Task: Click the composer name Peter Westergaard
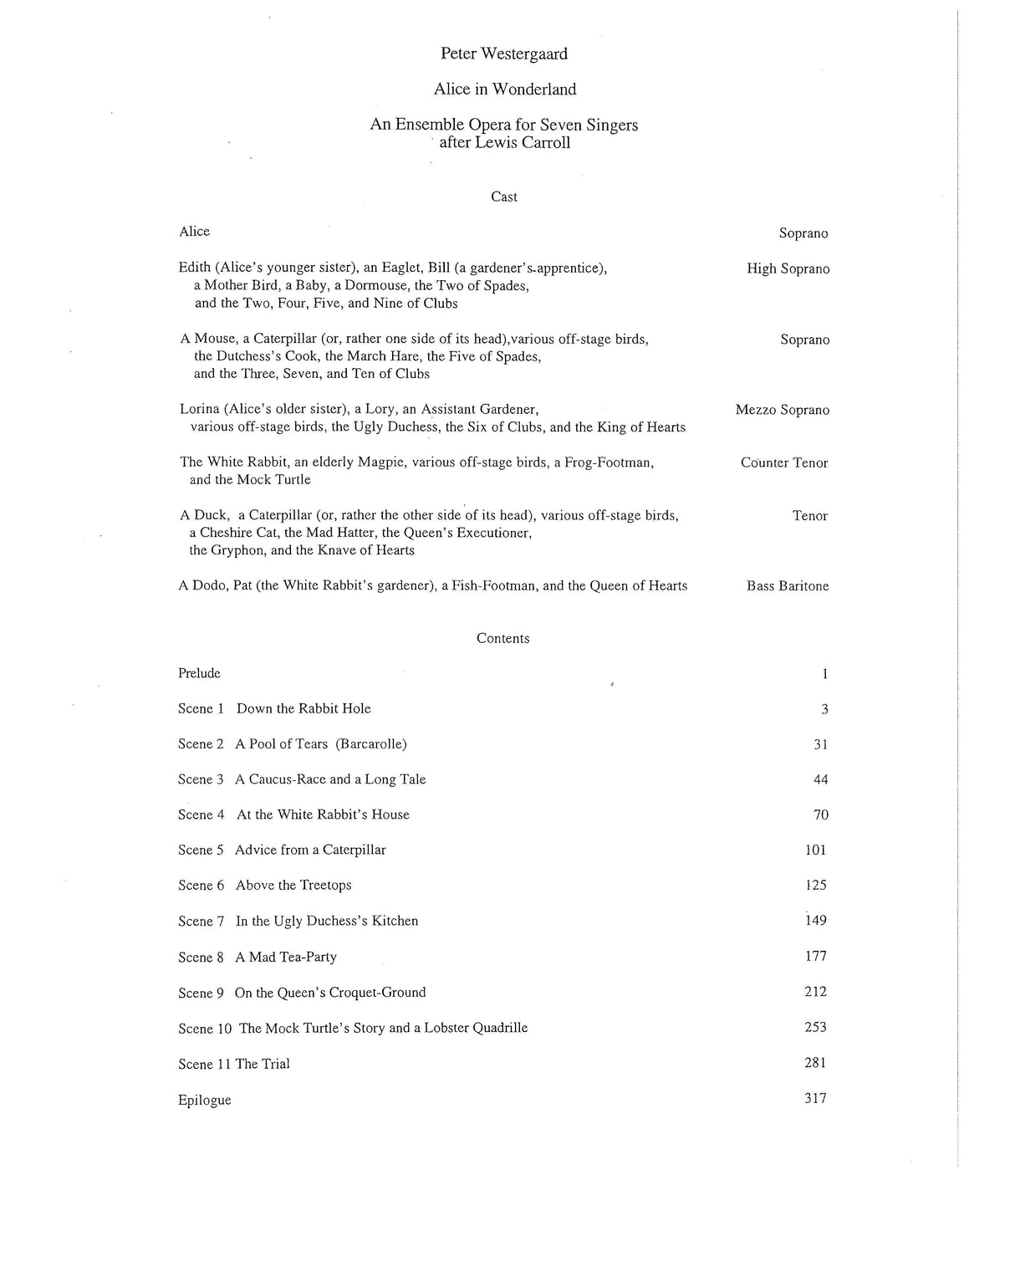504,54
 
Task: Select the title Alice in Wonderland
504,89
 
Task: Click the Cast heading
504,197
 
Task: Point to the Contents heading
503,639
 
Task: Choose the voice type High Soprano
788,269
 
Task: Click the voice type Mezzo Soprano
783,411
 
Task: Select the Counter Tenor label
784,463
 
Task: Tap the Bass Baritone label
788,586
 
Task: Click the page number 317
815,1099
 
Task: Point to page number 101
815,850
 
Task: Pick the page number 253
815,1028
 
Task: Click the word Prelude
199,674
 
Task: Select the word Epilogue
204,1101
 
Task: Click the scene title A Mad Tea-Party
286,958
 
